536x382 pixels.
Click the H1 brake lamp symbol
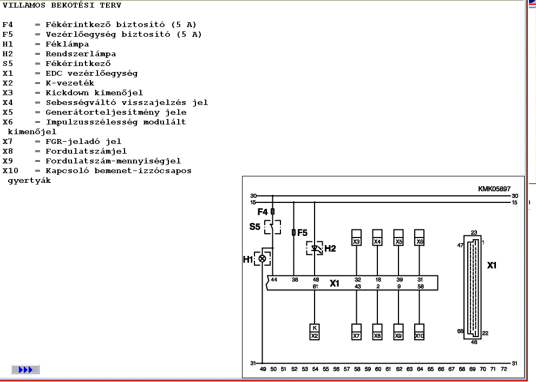[263, 259]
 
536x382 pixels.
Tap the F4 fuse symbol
[272, 212]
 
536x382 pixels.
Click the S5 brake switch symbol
[272, 227]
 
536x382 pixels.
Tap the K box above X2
[315, 328]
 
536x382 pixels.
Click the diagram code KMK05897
[494, 189]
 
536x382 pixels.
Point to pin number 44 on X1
[274, 279]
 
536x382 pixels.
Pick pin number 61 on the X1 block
[315, 286]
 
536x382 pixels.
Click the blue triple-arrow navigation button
[25, 370]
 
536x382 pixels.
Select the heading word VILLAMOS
[22, 5]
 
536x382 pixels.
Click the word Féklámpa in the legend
[67, 44]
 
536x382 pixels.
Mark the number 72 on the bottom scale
[504, 368]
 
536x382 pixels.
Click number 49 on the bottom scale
[263, 368]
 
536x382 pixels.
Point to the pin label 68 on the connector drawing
[460, 331]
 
